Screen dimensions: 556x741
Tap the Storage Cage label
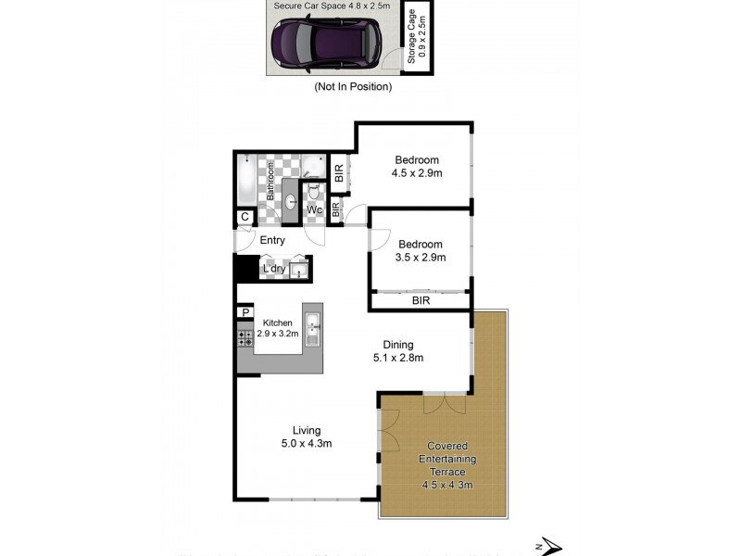tap(417, 37)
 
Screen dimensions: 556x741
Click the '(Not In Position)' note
tap(354, 87)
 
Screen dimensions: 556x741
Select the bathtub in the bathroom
tap(248, 182)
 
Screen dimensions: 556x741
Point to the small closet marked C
tap(245, 217)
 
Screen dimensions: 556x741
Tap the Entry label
tap(272, 241)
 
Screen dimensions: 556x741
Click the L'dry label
tap(274, 270)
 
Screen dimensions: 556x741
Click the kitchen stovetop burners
tap(245, 338)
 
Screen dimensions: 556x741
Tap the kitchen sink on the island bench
tap(313, 327)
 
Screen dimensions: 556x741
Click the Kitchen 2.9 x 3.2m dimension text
tap(278, 334)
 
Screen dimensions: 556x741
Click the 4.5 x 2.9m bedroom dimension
tap(416, 172)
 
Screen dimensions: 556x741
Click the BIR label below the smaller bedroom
tap(421, 301)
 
